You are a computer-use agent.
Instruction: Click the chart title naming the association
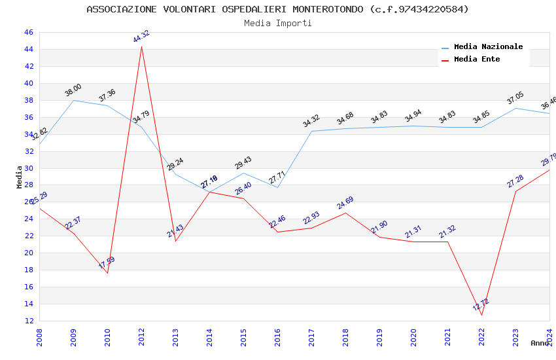point(277,9)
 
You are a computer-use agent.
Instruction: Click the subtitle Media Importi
point(277,23)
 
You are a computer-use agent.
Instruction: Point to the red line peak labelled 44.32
point(141,46)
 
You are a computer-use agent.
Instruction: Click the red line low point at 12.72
point(481,315)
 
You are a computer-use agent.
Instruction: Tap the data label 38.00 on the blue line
point(73,90)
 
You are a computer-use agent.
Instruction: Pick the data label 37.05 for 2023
point(515,98)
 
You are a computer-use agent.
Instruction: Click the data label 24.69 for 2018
point(345,203)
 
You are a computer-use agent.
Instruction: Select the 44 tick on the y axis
point(29,49)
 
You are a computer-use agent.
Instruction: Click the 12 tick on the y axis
point(29,321)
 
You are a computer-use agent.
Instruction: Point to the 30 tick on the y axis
point(29,168)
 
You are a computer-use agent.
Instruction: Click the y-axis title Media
point(20,177)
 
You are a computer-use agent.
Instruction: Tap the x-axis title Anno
point(540,343)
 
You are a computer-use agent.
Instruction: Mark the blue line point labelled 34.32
point(311,131)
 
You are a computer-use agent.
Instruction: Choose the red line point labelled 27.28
point(515,191)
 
